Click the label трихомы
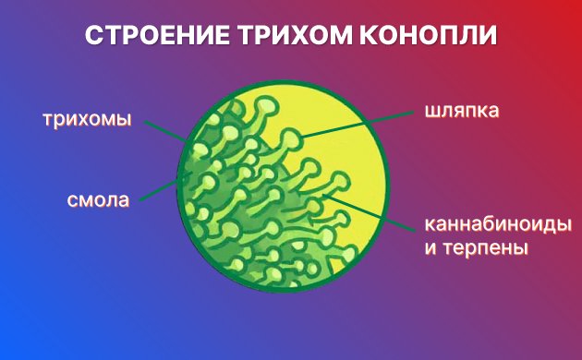88,120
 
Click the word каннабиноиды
497,224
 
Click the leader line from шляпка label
360,125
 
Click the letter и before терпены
430,249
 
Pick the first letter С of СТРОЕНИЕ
92,36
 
